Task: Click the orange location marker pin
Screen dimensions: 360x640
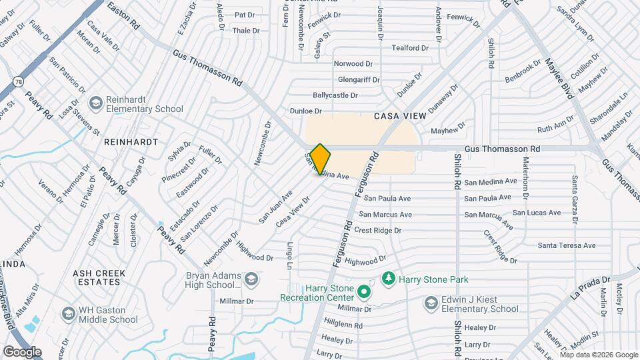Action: pos(320,159)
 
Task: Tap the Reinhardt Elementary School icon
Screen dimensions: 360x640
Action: pos(96,103)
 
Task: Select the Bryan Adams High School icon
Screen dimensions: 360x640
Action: pos(251,278)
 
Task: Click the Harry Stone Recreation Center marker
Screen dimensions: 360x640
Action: pos(363,291)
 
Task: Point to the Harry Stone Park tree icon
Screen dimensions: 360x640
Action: pos(387,277)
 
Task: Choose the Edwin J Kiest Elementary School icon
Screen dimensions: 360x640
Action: pos(431,303)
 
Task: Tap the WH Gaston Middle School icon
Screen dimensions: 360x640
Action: pos(68,314)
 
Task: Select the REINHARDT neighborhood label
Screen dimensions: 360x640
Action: pos(131,142)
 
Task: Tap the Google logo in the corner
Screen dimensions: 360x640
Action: pos(22,351)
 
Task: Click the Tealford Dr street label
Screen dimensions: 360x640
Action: pos(409,48)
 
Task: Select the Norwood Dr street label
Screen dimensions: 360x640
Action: pos(353,64)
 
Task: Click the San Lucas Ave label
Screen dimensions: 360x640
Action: pos(537,213)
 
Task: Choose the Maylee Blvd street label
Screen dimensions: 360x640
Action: pos(559,79)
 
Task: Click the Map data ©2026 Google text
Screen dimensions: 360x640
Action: pos(597,355)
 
